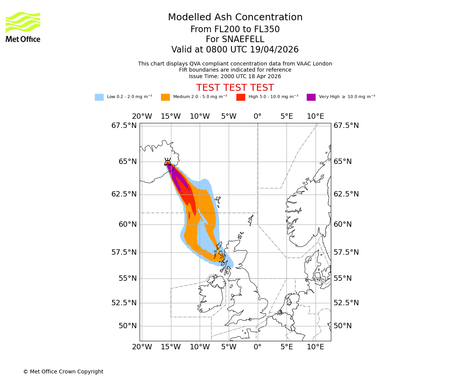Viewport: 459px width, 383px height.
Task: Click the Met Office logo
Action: (x=23, y=27)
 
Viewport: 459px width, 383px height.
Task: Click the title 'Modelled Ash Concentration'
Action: (x=235, y=18)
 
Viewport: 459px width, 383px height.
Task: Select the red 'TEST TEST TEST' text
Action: (x=235, y=88)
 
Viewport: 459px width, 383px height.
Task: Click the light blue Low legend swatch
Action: (x=99, y=97)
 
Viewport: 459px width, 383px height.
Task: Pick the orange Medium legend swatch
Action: (x=165, y=97)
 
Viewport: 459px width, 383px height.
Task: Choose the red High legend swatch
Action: (x=241, y=97)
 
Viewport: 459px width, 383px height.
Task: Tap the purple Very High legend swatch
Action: (x=311, y=97)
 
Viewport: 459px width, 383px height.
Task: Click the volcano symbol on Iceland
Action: (x=168, y=162)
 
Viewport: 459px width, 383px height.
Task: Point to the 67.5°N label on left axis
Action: (x=124, y=126)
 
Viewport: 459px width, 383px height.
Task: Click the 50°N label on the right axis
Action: (x=342, y=326)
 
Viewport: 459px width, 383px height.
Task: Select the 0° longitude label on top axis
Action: (x=257, y=116)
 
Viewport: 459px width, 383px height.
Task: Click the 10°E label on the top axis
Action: (x=316, y=116)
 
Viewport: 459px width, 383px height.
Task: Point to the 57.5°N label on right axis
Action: (x=346, y=252)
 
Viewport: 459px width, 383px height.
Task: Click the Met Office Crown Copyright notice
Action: (x=63, y=372)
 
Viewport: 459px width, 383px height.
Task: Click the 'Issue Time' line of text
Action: (x=235, y=76)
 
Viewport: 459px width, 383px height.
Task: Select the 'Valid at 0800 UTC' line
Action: (x=235, y=50)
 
